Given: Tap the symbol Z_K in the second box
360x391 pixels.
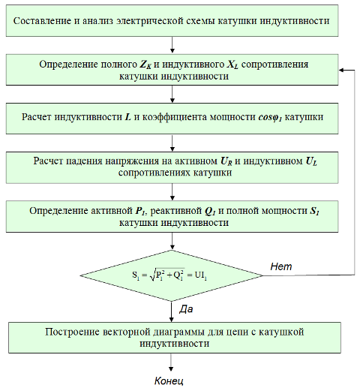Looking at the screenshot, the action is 145,65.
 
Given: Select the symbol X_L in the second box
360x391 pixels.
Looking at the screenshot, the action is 232,65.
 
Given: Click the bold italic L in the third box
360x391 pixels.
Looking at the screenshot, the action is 127,117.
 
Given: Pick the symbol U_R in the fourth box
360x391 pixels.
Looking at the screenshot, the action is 226,161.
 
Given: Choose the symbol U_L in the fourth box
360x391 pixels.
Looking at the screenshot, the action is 311,161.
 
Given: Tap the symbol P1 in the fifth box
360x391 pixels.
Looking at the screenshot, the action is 140,211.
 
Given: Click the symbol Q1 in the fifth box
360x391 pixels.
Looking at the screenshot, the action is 210,212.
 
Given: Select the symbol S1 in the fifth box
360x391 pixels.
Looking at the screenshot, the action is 314,211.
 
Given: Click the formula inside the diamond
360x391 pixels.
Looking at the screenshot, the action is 169,275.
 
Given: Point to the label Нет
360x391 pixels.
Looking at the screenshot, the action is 281,266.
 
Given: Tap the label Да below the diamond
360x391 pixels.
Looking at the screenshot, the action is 186,309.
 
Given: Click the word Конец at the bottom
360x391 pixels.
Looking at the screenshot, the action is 169,380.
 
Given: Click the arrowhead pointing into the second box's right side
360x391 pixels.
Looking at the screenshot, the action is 341,71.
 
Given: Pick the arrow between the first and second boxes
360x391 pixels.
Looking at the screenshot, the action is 172,45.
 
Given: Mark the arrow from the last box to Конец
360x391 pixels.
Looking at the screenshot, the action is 171,362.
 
